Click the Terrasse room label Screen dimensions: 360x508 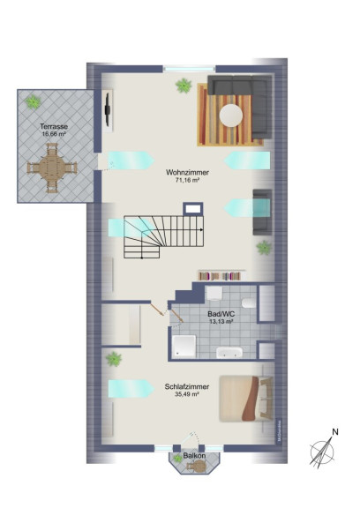(54, 126)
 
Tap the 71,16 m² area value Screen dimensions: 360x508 (187, 181)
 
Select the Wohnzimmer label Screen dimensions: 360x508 (187, 172)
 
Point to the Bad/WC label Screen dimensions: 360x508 (221, 314)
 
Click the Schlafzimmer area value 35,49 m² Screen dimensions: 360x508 (187, 394)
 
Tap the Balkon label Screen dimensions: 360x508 (194, 455)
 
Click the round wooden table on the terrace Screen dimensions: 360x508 (52, 168)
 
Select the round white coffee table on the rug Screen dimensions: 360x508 (231, 115)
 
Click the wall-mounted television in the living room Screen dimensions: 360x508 (108, 109)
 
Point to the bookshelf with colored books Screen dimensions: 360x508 (220, 276)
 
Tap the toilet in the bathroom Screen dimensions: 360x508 (249, 303)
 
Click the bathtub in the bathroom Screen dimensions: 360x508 (229, 353)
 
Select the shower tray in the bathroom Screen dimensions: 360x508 (184, 347)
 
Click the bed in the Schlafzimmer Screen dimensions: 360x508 (246, 398)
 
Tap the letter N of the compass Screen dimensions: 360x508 (335, 432)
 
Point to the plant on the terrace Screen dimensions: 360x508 (33, 101)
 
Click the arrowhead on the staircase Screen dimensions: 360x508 (201, 229)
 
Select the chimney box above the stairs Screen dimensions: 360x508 (193, 208)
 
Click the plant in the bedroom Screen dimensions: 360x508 (114, 359)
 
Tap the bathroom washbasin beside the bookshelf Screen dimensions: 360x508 (214, 293)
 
